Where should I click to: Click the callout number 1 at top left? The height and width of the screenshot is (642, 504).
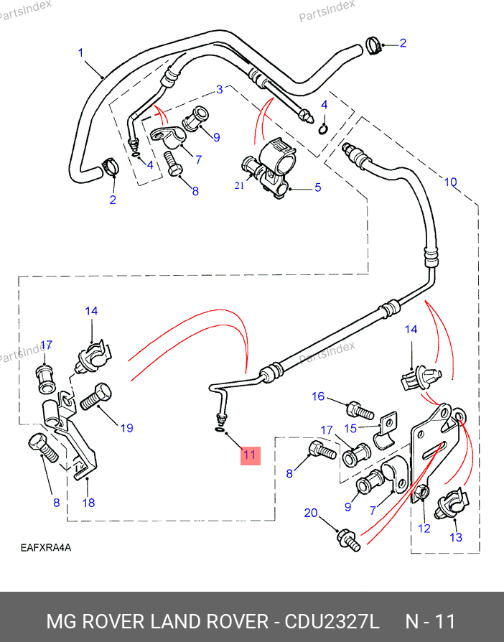[80, 52]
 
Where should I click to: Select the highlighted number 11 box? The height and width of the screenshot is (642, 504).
[248, 455]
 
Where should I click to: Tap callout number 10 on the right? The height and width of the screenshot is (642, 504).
[449, 182]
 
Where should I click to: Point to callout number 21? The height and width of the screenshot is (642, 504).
[239, 185]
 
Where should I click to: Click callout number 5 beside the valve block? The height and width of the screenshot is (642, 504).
[317, 188]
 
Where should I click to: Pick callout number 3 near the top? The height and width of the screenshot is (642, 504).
[220, 90]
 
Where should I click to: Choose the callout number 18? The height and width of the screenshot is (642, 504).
[88, 503]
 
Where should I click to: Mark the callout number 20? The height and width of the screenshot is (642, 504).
[310, 513]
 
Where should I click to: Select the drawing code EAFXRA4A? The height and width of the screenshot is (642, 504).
[45, 548]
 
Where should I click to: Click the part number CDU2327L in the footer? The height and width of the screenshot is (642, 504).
[332, 621]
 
